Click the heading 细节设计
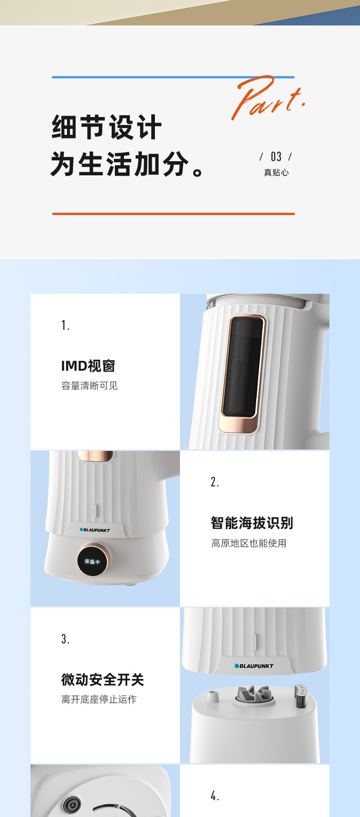click(107, 127)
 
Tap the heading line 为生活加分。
click(127, 164)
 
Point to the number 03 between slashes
click(276, 157)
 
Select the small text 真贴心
click(276, 172)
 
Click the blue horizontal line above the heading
click(173, 77)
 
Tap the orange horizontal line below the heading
click(174, 214)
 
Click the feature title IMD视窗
click(88, 366)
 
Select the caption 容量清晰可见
click(89, 386)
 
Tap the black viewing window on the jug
click(242, 368)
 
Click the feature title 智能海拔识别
click(252, 523)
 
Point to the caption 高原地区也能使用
click(249, 543)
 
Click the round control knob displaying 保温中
click(93, 561)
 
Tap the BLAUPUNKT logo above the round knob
click(95, 530)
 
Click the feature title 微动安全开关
click(103, 680)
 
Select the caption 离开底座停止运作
click(99, 700)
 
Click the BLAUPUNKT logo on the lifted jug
click(254, 666)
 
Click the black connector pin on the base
click(301, 696)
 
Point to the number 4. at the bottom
click(215, 796)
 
